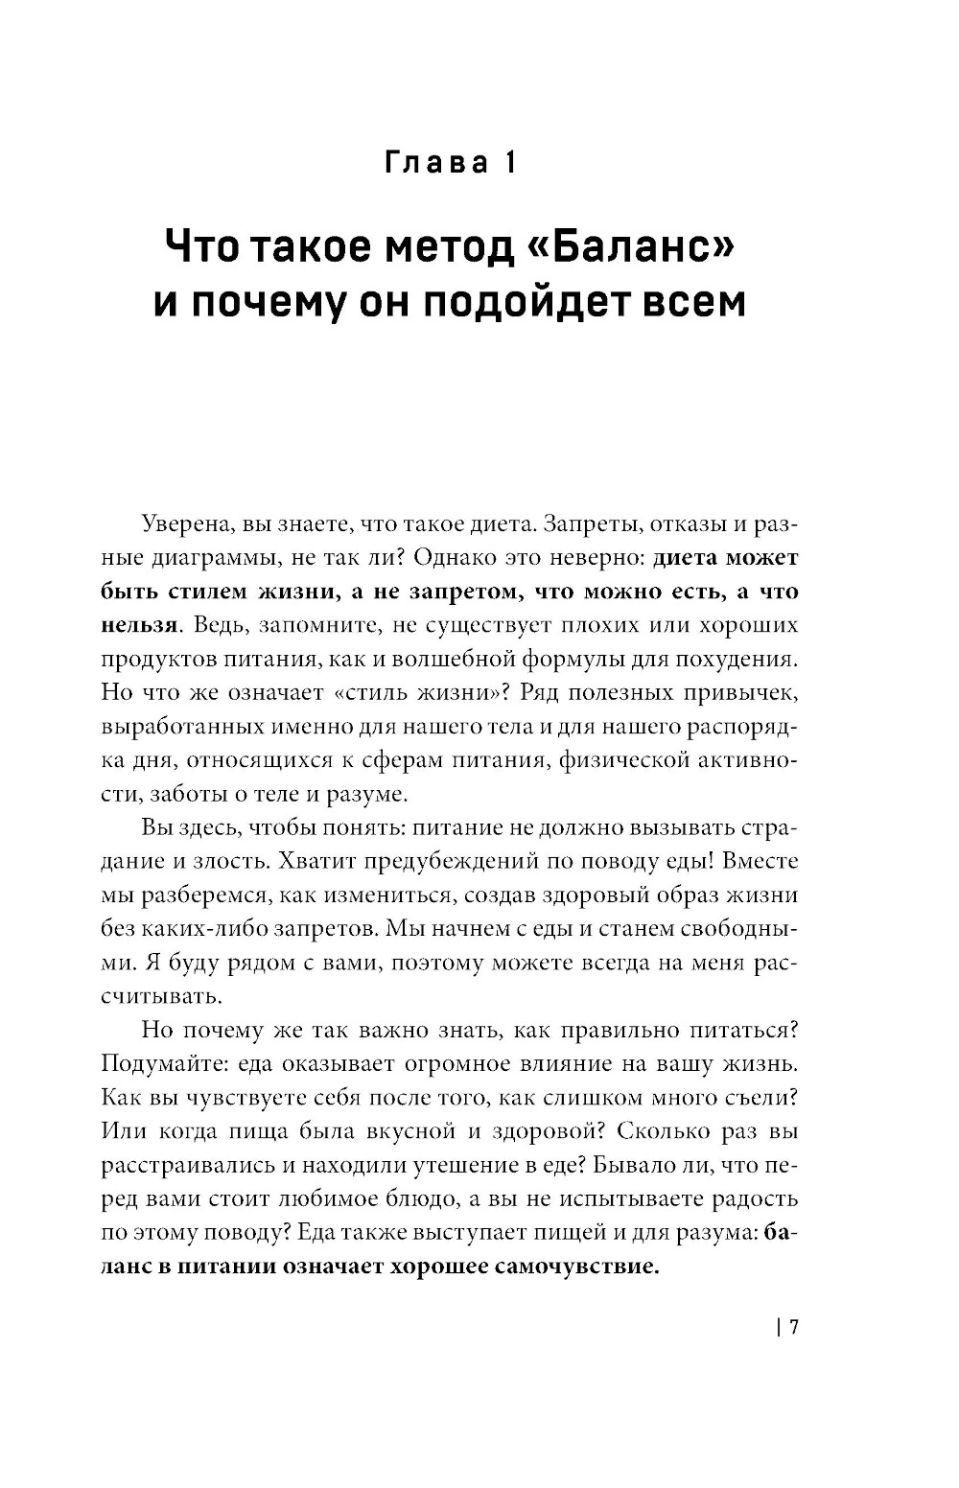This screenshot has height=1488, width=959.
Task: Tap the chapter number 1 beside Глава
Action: pyautogui.click(x=509, y=162)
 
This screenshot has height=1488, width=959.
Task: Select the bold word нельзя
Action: pyautogui.click(x=139, y=624)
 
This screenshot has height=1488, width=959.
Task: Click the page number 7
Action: pyautogui.click(x=794, y=1327)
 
